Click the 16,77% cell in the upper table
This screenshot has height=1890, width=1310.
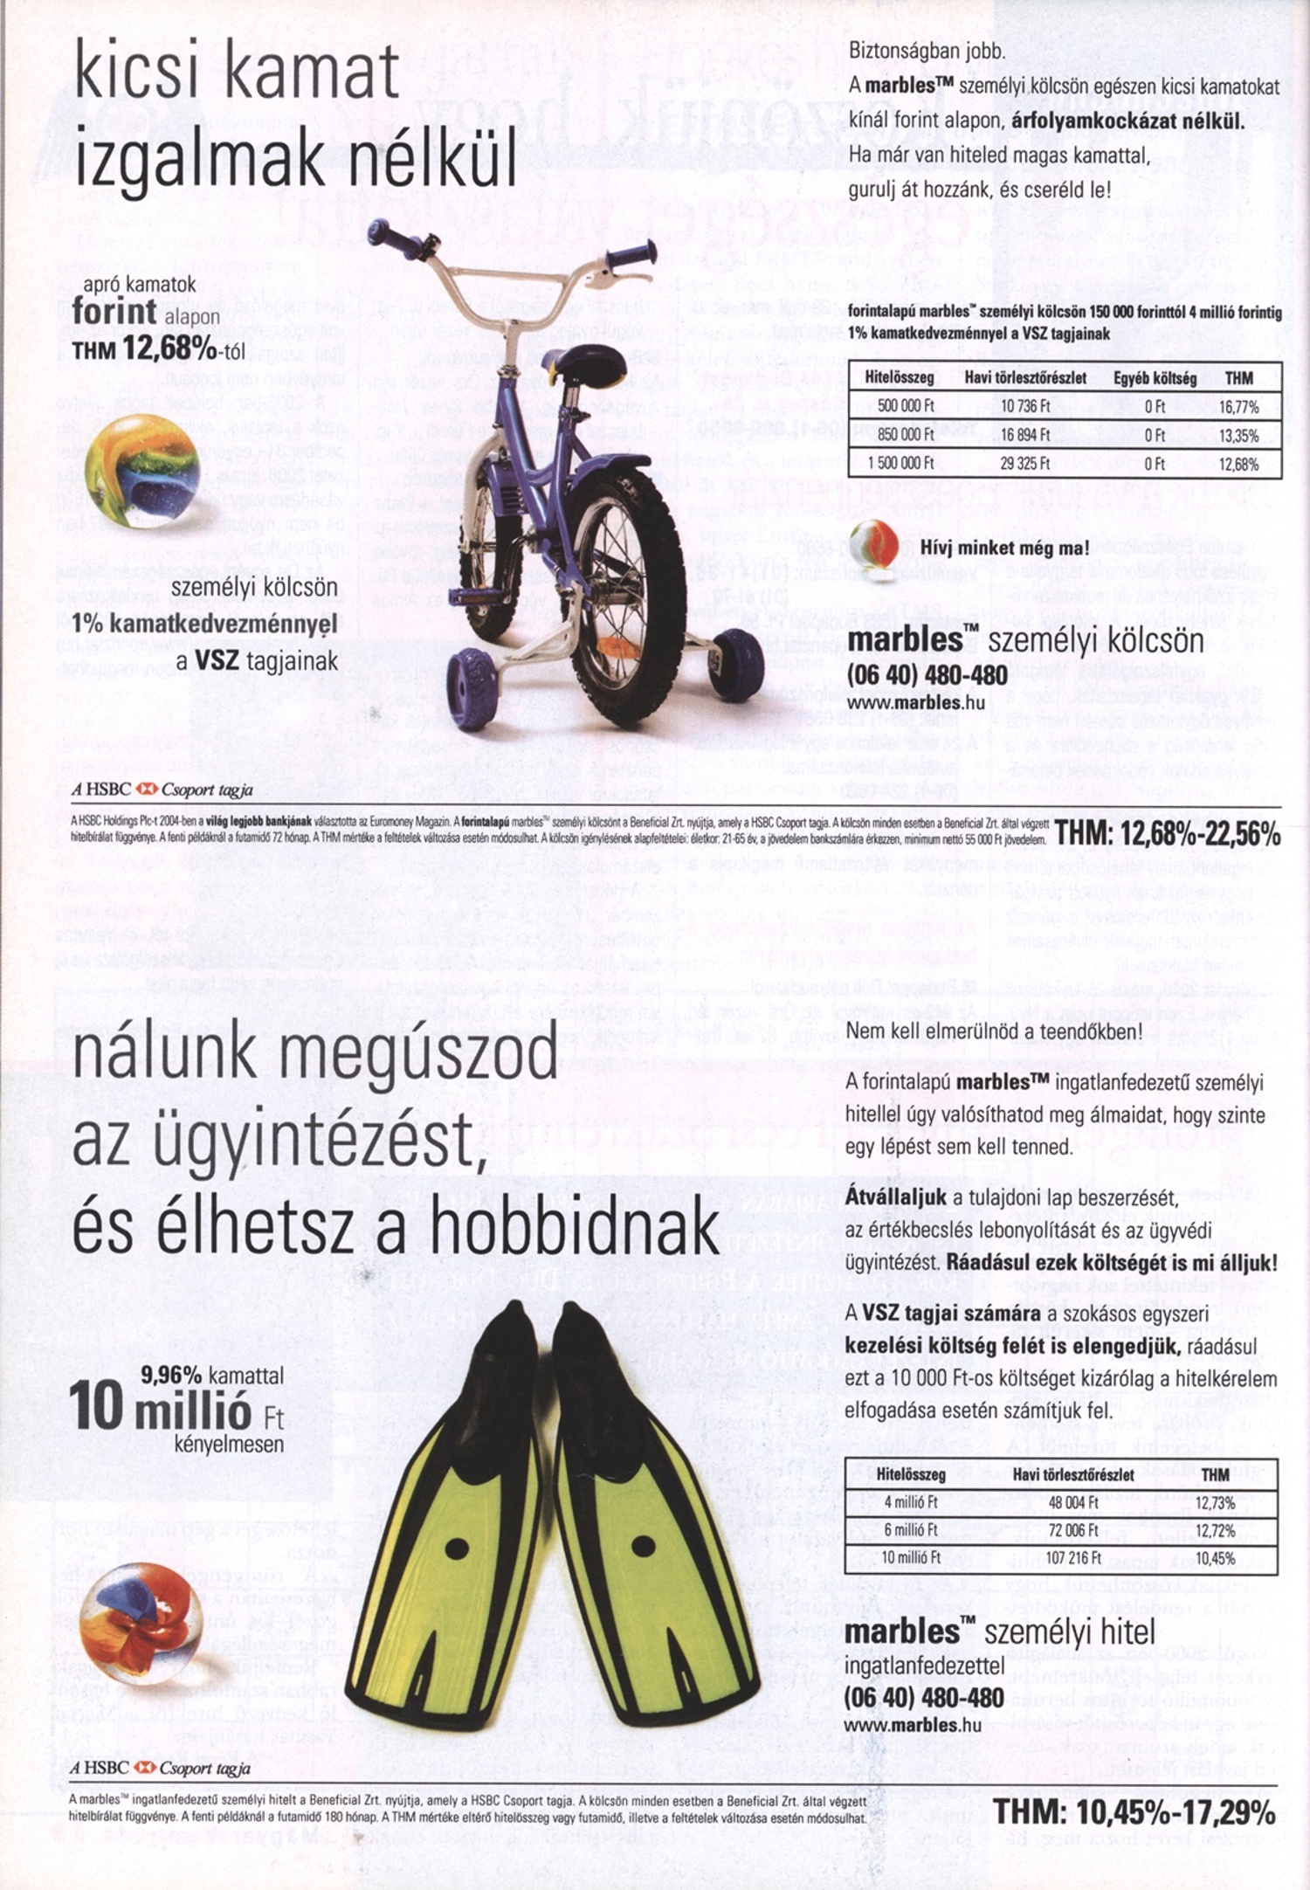coord(1239,406)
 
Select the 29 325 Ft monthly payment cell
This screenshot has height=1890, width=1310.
coord(1024,464)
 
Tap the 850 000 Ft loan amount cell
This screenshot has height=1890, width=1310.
coord(900,435)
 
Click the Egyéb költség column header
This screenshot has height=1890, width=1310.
coord(1155,378)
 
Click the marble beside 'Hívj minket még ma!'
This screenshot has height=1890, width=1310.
coord(874,546)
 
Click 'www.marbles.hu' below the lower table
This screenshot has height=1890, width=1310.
coord(914,1725)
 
